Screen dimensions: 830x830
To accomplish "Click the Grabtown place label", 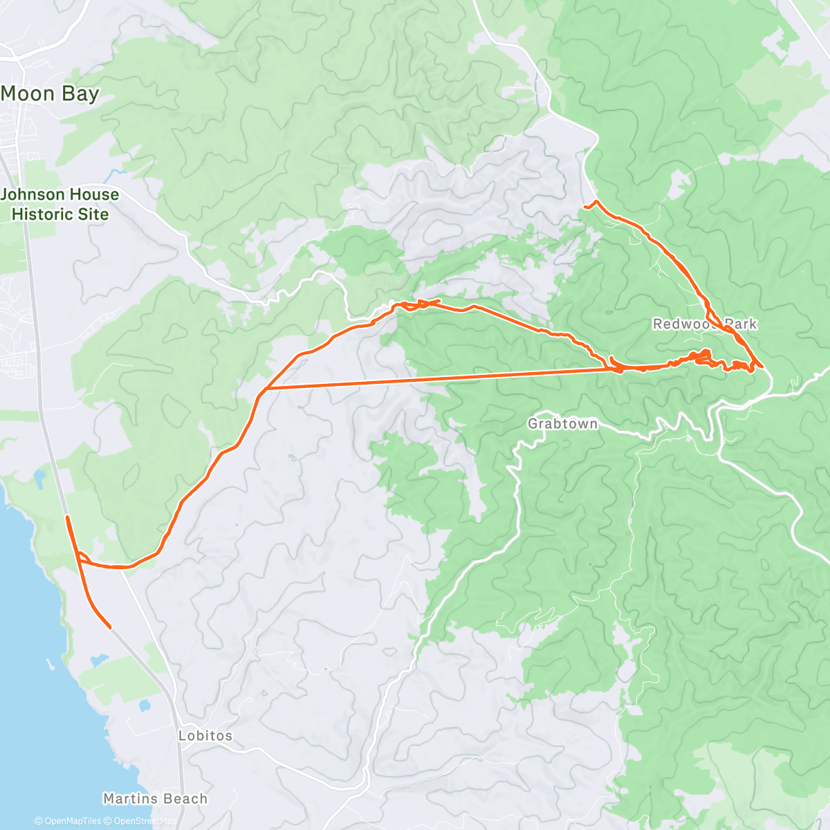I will pyautogui.click(x=562, y=423).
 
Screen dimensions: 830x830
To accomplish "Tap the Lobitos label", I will pyautogui.click(x=205, y=735).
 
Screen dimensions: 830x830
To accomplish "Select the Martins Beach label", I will pyautogui.click(x=155, y=799).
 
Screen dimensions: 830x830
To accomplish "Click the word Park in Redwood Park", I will pyautogui.click(x=740, y=324).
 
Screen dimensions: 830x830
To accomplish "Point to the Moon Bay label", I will pyautogui.click(x=50, y=93).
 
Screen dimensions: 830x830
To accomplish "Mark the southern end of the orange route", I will pyautogui.click(x=110, y=627).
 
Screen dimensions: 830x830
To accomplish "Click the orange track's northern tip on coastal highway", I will pyautogui.click(x=67, y=517).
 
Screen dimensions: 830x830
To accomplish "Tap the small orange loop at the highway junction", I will pyautogui.click(x=82, y=557).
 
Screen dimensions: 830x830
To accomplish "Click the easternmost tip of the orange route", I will pyautogui.click(x=762, y=365).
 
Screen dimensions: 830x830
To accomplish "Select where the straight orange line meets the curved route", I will pyautogui.click(x=263, y=389).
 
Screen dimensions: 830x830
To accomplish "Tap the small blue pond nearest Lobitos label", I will pyautogui.click(x=145, y=706).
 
